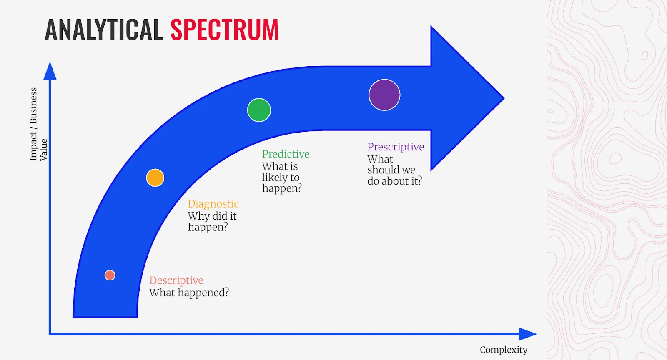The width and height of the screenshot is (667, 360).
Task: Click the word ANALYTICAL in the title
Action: click(x=103, y=30)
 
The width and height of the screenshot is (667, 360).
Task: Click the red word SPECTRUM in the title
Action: click(x=224, y=30)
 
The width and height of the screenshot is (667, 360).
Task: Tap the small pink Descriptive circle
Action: click(x=110, y=275)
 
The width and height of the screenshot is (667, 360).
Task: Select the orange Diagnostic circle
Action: click(x=155, y=178)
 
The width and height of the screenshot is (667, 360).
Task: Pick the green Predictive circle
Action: click(x=259, y=110)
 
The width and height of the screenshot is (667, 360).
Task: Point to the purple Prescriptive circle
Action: click(x=384, y=95)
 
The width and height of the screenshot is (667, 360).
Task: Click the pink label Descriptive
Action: click(x=176, y=280)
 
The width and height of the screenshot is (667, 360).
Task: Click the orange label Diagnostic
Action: click(x=213, y=204)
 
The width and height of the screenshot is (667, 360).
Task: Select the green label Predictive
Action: click(x=286, y=154)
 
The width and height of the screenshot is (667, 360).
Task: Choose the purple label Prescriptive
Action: click(x=395, y=147)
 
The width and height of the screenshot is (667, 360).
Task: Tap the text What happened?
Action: click(x=189, y=293)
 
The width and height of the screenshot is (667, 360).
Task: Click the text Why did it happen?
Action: click(x=211, y=222)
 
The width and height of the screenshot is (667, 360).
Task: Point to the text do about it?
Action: click(x=394, y=181)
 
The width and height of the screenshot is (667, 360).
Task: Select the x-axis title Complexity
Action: click(x=503, y=350)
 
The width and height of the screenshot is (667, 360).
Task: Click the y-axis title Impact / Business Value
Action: click(x=38, y=124)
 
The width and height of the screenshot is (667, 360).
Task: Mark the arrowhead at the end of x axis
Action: click(x=527, y=334)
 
